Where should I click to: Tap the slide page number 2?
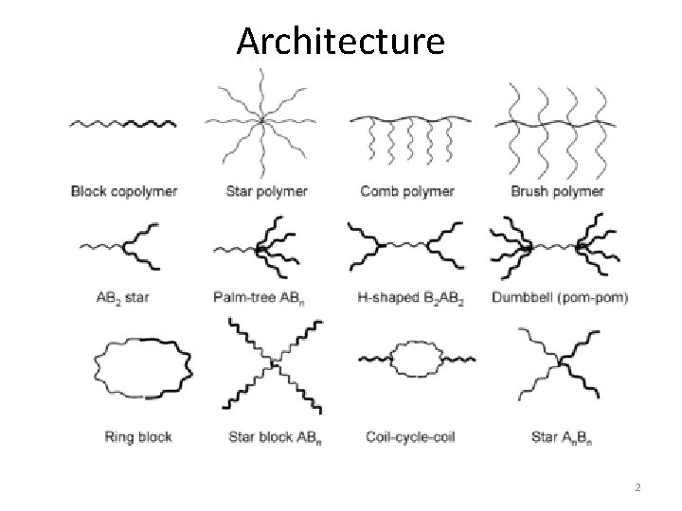tap(638, 487)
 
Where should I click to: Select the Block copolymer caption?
tap(124, 191)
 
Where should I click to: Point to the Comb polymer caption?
tap(406, 191)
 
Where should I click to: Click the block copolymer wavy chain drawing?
tap(123, 123)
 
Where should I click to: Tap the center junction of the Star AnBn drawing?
tap(560, 361)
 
